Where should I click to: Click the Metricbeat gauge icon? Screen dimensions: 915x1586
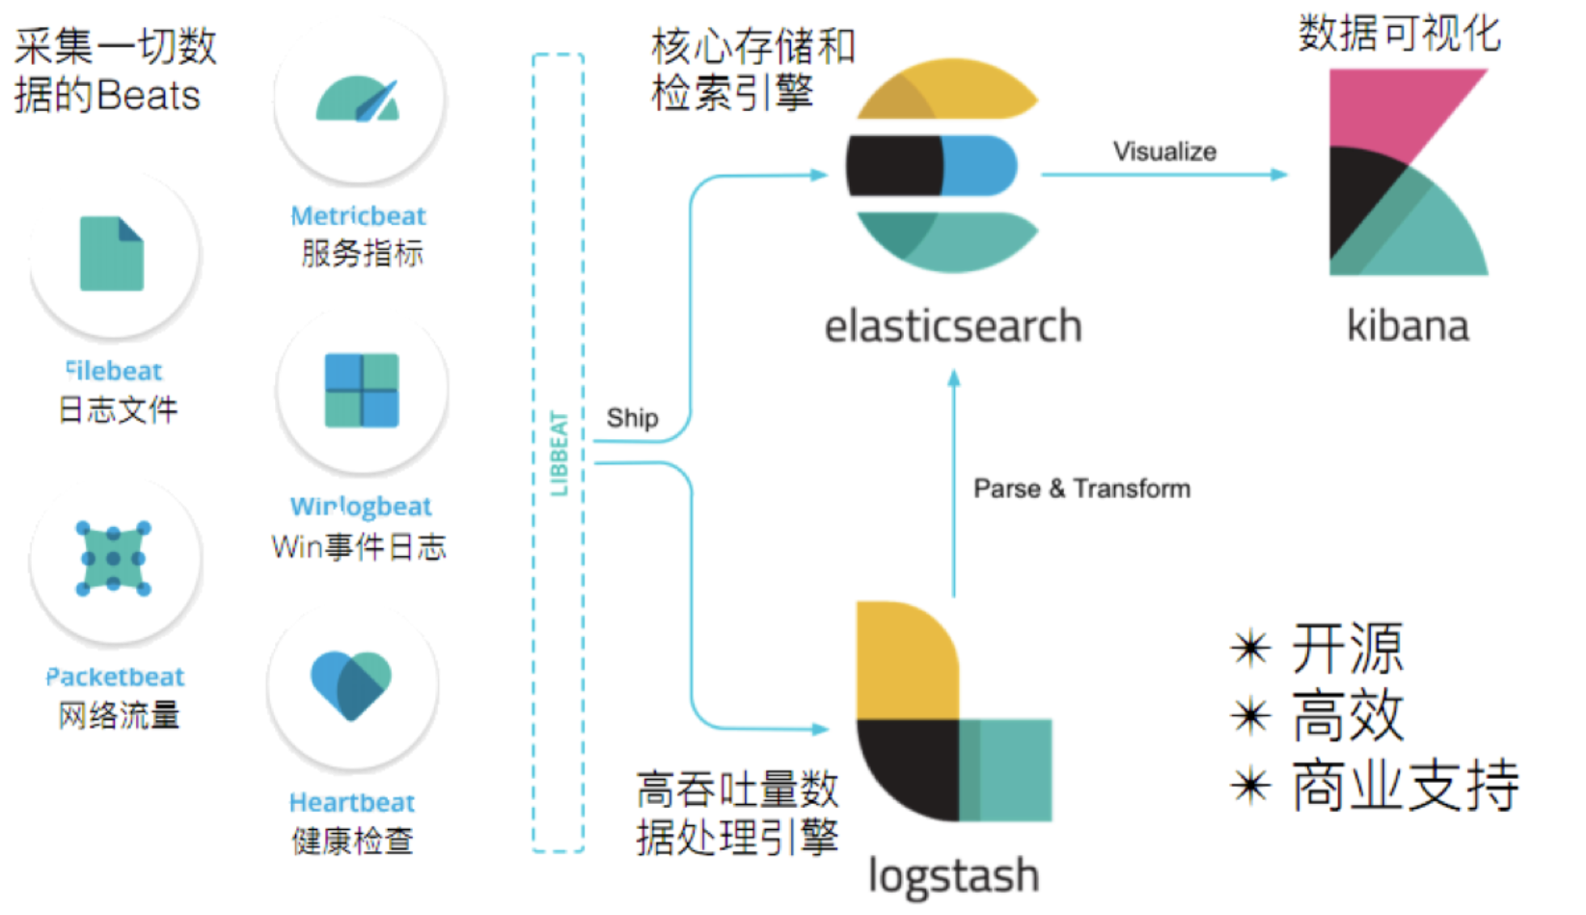(358, 100)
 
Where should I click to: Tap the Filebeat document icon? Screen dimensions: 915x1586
(112, 254)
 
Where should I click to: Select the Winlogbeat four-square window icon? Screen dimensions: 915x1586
(362, 390)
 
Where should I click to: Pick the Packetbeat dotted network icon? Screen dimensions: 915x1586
(114, 558)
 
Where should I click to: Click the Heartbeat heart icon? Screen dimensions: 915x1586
(351, 684)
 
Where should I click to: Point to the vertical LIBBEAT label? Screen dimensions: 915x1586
(559, 453)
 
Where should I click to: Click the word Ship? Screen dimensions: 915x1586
(632, 418)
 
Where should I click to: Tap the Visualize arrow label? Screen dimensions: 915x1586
(1164, 152)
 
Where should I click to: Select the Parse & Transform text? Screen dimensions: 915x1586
(1081, 488)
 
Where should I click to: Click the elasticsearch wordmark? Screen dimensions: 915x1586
(952, 326)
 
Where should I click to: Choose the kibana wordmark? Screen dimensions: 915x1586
(1408, 326)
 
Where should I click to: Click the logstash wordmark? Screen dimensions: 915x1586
(953, 876)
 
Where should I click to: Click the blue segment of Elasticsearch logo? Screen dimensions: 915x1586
(978, 166)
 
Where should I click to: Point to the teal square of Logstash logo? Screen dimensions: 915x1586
(1008, 769)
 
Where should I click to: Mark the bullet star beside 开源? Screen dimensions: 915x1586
(1251, 648)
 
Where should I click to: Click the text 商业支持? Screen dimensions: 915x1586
(1406, 786)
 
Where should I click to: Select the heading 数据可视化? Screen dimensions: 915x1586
(1399, 34)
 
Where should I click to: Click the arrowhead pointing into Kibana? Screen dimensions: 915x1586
(1280, 175)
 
